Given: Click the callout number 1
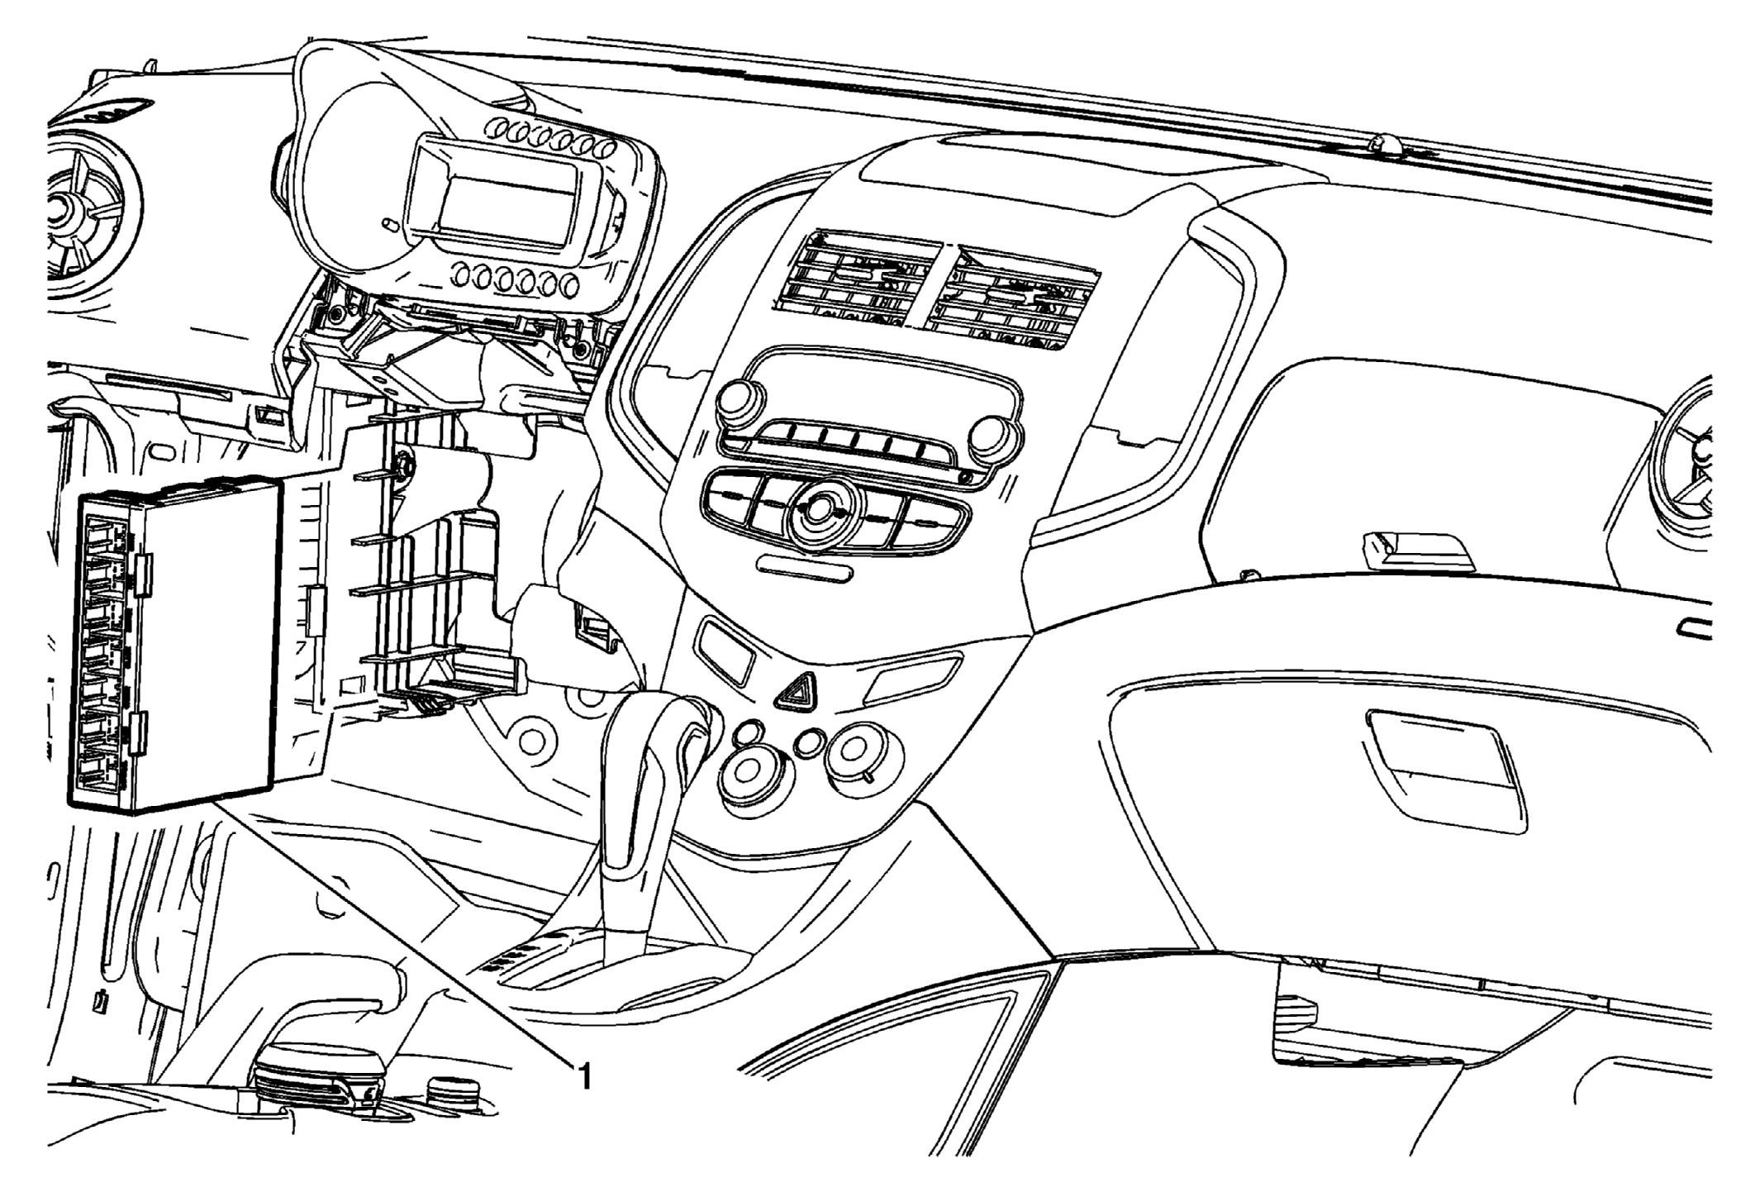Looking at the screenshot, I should [x=584, y=1076].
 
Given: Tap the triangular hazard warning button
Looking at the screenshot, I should [x=797, y=690].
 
